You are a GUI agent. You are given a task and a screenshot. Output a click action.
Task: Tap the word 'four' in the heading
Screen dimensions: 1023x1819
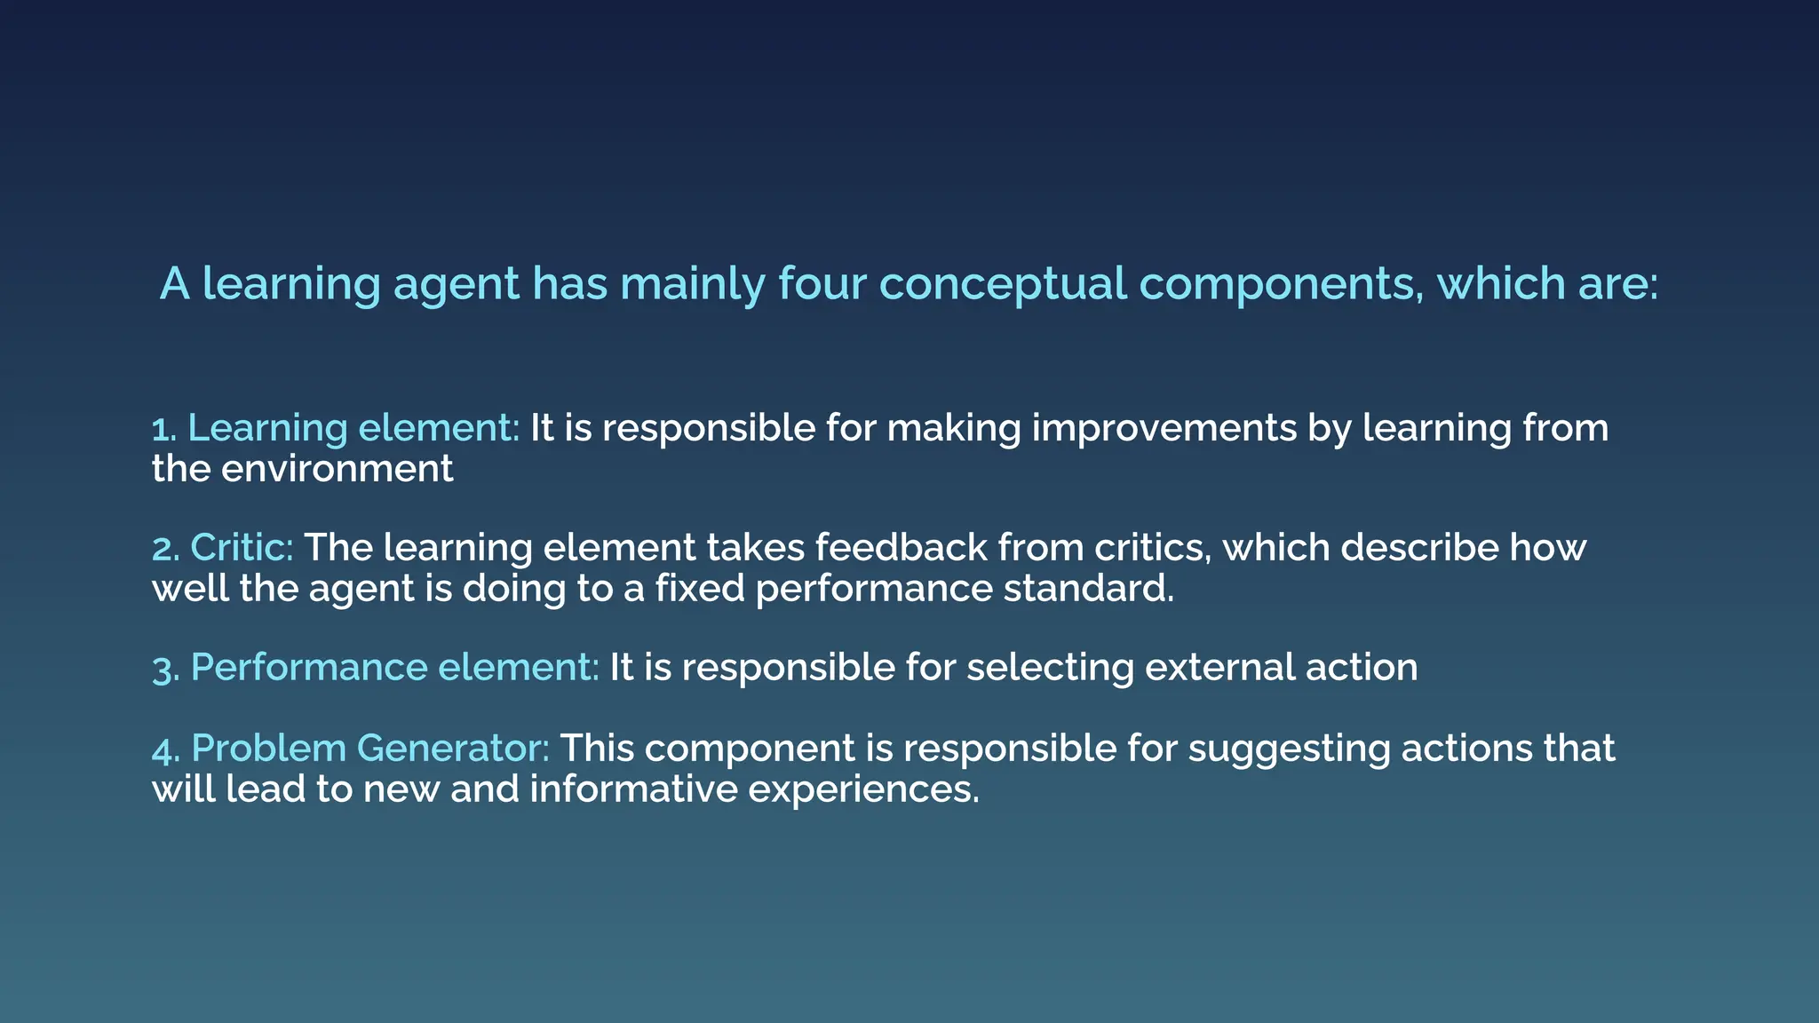pos(822,284)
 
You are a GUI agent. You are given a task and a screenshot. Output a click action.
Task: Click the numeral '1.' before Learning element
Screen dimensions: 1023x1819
pos(164,430)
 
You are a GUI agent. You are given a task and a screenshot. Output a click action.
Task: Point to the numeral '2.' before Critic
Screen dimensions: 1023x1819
pos(166,549)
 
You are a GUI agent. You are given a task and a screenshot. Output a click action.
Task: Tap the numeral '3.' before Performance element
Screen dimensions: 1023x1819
pos(166,669)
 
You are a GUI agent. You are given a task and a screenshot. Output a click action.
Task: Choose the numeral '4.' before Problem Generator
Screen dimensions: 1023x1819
pos(166,749)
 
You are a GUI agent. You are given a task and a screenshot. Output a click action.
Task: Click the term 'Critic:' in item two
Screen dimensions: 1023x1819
pos(242,548)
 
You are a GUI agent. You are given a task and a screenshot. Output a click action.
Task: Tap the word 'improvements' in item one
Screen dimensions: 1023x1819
pos(1164,429)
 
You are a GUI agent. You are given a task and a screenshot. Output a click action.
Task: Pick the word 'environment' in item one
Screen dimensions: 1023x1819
pos(337,469)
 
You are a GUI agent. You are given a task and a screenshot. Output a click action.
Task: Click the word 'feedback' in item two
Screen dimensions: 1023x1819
pos(901,548)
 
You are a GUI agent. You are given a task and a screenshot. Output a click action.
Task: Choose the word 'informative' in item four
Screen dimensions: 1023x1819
pos(633,789)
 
